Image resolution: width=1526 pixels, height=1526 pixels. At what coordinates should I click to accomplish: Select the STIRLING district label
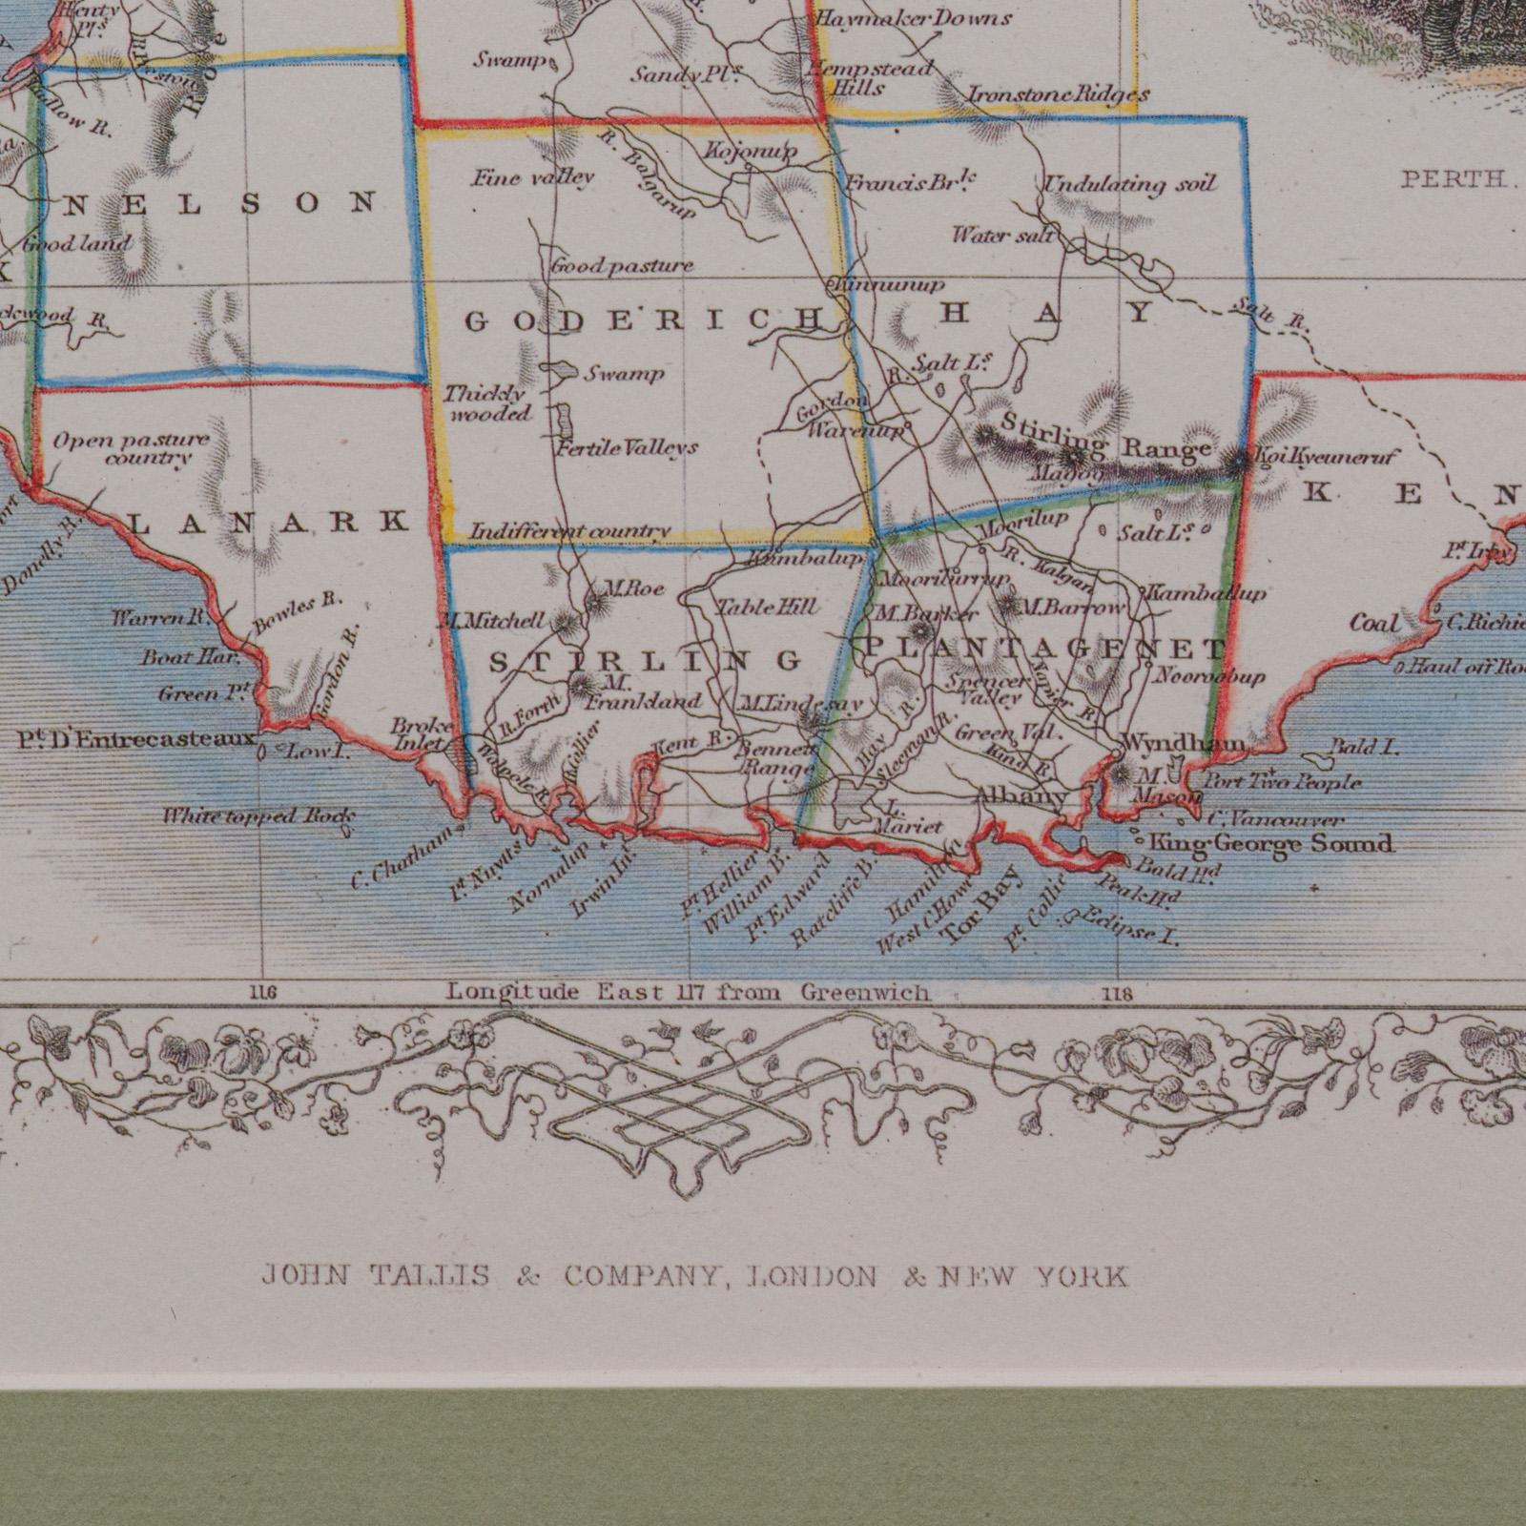click(646, 660)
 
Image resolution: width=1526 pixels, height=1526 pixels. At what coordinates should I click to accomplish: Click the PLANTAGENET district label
click(1044, 650)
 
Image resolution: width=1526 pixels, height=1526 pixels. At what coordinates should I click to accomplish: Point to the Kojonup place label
click(751, 152)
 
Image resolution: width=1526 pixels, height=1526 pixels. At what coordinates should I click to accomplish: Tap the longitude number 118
click(1117, 994)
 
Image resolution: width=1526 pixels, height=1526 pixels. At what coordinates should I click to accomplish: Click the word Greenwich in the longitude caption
click(865, 993)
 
